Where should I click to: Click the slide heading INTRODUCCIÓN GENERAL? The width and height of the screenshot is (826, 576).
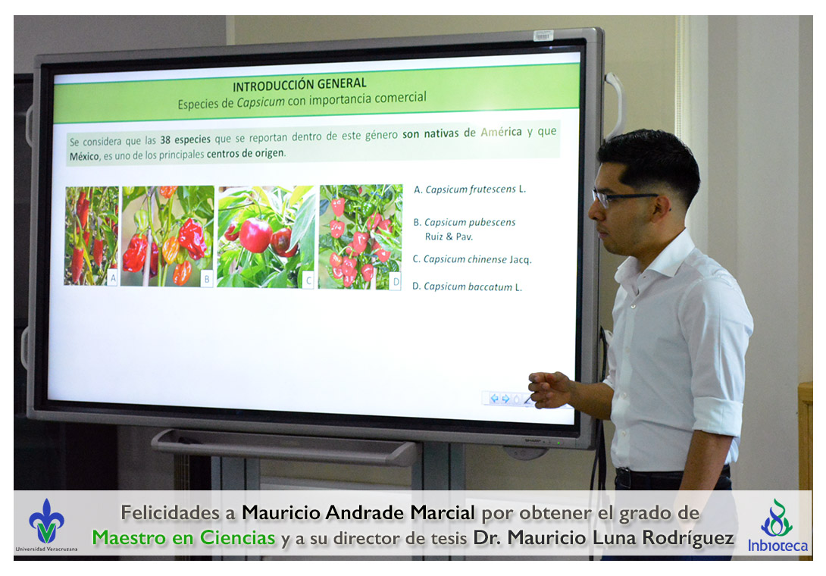[299, 85]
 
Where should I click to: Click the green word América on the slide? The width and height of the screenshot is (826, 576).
[501, 133]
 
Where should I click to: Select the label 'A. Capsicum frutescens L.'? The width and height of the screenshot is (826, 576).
[469, 189]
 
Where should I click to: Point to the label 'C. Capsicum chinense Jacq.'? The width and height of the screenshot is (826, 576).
[471, 259]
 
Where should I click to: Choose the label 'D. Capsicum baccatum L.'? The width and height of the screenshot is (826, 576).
[467, 286]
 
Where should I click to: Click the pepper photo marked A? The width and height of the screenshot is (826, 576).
[92, 236]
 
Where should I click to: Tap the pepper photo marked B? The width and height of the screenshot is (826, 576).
[167, 236]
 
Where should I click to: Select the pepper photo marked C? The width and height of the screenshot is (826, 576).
[266, 236]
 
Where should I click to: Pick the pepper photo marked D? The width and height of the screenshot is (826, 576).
[360, 236]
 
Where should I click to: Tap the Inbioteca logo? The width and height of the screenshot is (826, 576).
[777, 526]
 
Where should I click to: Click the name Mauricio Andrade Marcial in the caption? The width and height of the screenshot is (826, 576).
[358, 512]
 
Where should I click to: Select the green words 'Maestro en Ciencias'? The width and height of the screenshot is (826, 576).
[183, 537]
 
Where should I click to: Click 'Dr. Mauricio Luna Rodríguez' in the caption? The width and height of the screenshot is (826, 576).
[603, 537]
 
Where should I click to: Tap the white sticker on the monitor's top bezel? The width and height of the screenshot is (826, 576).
[543, 36]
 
